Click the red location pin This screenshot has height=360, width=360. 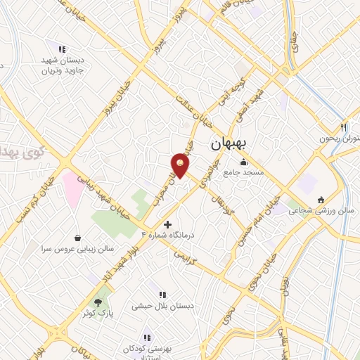tap(181, 165)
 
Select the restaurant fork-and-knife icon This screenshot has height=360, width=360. tap(343, 128)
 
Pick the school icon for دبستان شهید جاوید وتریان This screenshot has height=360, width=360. tap(62, 50)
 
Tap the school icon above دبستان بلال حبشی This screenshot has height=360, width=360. tap(162, 295)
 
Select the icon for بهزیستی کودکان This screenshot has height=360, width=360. tap(147, 337)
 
